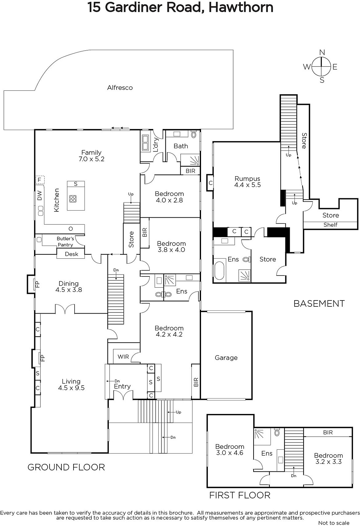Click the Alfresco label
120,87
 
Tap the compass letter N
322,52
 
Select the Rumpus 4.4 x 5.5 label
247,182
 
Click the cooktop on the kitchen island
73,199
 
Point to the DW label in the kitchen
39,195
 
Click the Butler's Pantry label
65,242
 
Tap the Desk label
72,254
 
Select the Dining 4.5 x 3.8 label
69,286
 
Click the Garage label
226,358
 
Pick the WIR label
123,357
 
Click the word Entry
122,386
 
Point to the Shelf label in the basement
330,225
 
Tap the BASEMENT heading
319,304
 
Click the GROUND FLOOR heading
66,467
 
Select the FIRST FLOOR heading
240,495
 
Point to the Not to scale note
334,523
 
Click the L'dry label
156,145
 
